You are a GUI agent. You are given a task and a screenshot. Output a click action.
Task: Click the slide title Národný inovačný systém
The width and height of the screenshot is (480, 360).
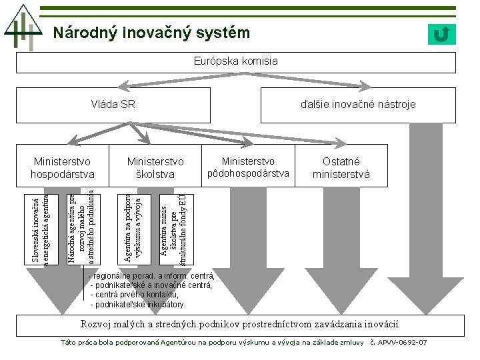(x=151, y=33)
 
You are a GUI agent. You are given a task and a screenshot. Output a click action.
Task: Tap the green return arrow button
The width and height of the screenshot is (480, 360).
(x=441, y=34)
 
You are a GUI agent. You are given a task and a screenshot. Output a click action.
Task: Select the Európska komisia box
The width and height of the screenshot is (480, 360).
(x=236, y=62)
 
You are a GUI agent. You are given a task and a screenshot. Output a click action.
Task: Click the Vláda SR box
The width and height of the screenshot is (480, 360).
(x=113, y=104)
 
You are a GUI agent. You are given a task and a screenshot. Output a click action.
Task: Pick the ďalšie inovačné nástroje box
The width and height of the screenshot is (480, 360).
(x=358, y=104)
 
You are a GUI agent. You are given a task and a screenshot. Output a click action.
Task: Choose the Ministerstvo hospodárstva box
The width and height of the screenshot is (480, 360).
(x=63, y=168)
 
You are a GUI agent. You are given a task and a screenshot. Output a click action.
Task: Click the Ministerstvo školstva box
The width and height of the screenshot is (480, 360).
(x=155, y=168)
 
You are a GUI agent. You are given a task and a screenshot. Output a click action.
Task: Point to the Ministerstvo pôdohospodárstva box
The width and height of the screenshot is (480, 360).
(x=248, y=167)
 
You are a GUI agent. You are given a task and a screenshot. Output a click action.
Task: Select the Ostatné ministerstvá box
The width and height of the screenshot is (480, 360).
(x=341, y=168)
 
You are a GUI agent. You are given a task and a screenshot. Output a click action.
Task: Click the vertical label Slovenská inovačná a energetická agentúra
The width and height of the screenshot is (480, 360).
(x=41, y=227)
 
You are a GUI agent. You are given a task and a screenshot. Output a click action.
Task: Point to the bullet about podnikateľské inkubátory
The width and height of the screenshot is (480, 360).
(x=138, y=304)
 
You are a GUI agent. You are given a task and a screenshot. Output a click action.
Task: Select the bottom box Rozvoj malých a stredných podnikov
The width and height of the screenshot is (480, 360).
(x=239, y=324)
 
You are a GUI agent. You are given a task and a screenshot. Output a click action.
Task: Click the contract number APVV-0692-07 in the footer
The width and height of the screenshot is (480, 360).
(x=402, y=342)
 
